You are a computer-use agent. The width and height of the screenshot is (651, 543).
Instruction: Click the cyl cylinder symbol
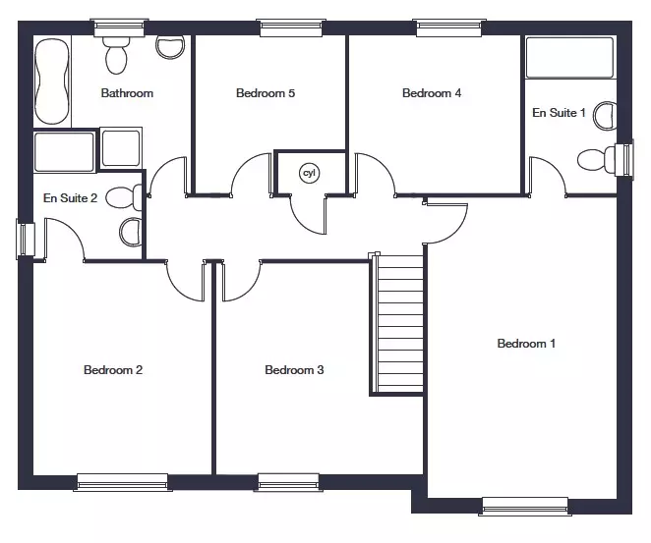[x=310, y=173]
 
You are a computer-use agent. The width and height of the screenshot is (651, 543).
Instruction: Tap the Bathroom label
[x=127, y=93]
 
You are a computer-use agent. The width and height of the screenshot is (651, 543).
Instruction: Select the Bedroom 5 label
[x=266, y=93]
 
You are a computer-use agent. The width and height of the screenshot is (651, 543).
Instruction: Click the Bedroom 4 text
[x=432, y=93]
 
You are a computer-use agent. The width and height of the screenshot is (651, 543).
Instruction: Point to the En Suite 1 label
[x=559, y=112]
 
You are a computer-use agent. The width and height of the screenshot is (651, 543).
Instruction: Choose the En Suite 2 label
[x=70, y=197]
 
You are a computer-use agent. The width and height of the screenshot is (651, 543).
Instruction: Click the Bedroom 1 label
[x=526, y=344]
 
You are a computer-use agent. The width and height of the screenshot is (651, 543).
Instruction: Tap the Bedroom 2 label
[x=113, y=370]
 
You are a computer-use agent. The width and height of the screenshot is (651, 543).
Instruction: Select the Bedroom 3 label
[x=294, y=370]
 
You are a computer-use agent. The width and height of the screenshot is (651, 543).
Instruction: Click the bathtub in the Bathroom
[x=52, y=81]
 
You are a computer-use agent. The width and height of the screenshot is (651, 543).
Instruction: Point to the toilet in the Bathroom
[x=116, y=54]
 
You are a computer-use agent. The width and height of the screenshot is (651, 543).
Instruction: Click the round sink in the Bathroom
[x=170, y=47]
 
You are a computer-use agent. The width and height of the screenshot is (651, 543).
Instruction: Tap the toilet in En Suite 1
[x=597, y=159]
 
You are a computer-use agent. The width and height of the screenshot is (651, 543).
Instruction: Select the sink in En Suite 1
[x=606, y=116]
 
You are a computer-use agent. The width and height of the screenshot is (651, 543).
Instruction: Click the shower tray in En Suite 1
[x=569, y=58]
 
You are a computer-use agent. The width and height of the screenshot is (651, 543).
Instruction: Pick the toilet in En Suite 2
[x=124, y=197]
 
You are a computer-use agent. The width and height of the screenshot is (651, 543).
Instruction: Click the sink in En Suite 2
[x=131, y=233]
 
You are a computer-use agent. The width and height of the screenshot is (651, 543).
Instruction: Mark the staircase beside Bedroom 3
[x=396, y=324]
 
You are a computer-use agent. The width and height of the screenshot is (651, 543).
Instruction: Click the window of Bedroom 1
[x=525, y=506]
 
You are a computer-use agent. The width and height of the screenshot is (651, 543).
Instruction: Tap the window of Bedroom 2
[x=123, y=482]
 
